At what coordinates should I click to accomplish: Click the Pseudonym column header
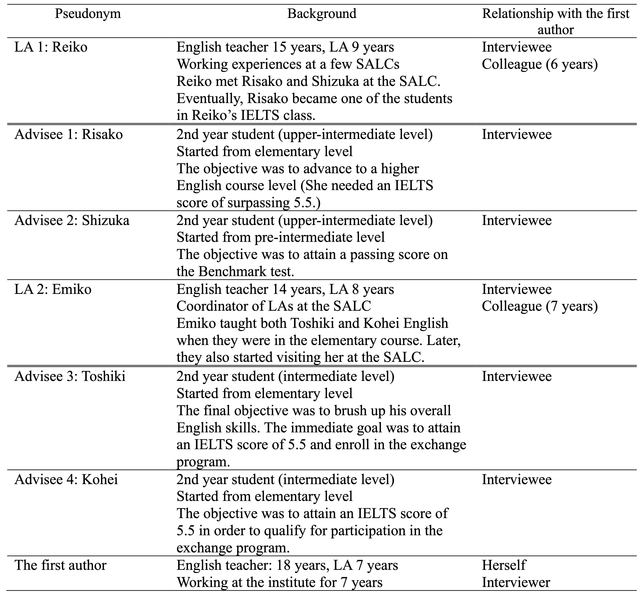click(88, 14)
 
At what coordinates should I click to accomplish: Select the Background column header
click(322, 14)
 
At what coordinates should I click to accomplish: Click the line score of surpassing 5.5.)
click(249, 203)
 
